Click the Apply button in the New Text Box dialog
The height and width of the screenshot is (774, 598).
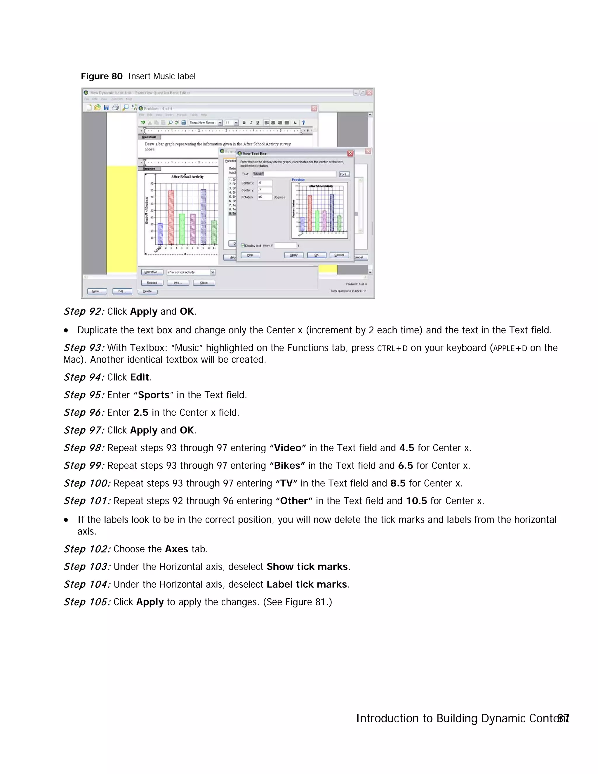coord(293,255)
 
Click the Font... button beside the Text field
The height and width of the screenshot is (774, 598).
coord(344,174)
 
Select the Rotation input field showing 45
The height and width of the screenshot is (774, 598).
coord(264,197)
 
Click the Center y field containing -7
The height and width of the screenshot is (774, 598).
coord(264,190)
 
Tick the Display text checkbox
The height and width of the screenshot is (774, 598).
coord(243,245)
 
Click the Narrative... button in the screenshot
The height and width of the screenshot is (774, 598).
coord(152,272)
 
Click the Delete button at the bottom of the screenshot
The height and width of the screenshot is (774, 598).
coord(147,291)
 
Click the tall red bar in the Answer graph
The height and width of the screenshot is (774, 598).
coord(171,217)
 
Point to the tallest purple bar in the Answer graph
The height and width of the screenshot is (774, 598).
coord(203,216)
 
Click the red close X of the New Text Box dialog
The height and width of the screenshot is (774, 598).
coord(350,153)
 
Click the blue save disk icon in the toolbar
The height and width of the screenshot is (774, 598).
coord(106,107)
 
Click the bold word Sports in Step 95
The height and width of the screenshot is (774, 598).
coord(154,395)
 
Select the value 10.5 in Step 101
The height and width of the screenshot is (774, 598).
coord(416,501)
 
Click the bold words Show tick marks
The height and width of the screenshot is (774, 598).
coord(307,567)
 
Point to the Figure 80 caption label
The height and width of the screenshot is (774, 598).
coord(102,76)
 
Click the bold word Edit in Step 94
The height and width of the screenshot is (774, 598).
coord(140,377)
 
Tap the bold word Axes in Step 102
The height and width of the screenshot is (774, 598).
coord(176,549)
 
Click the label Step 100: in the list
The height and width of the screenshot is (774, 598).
coord(87,483)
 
